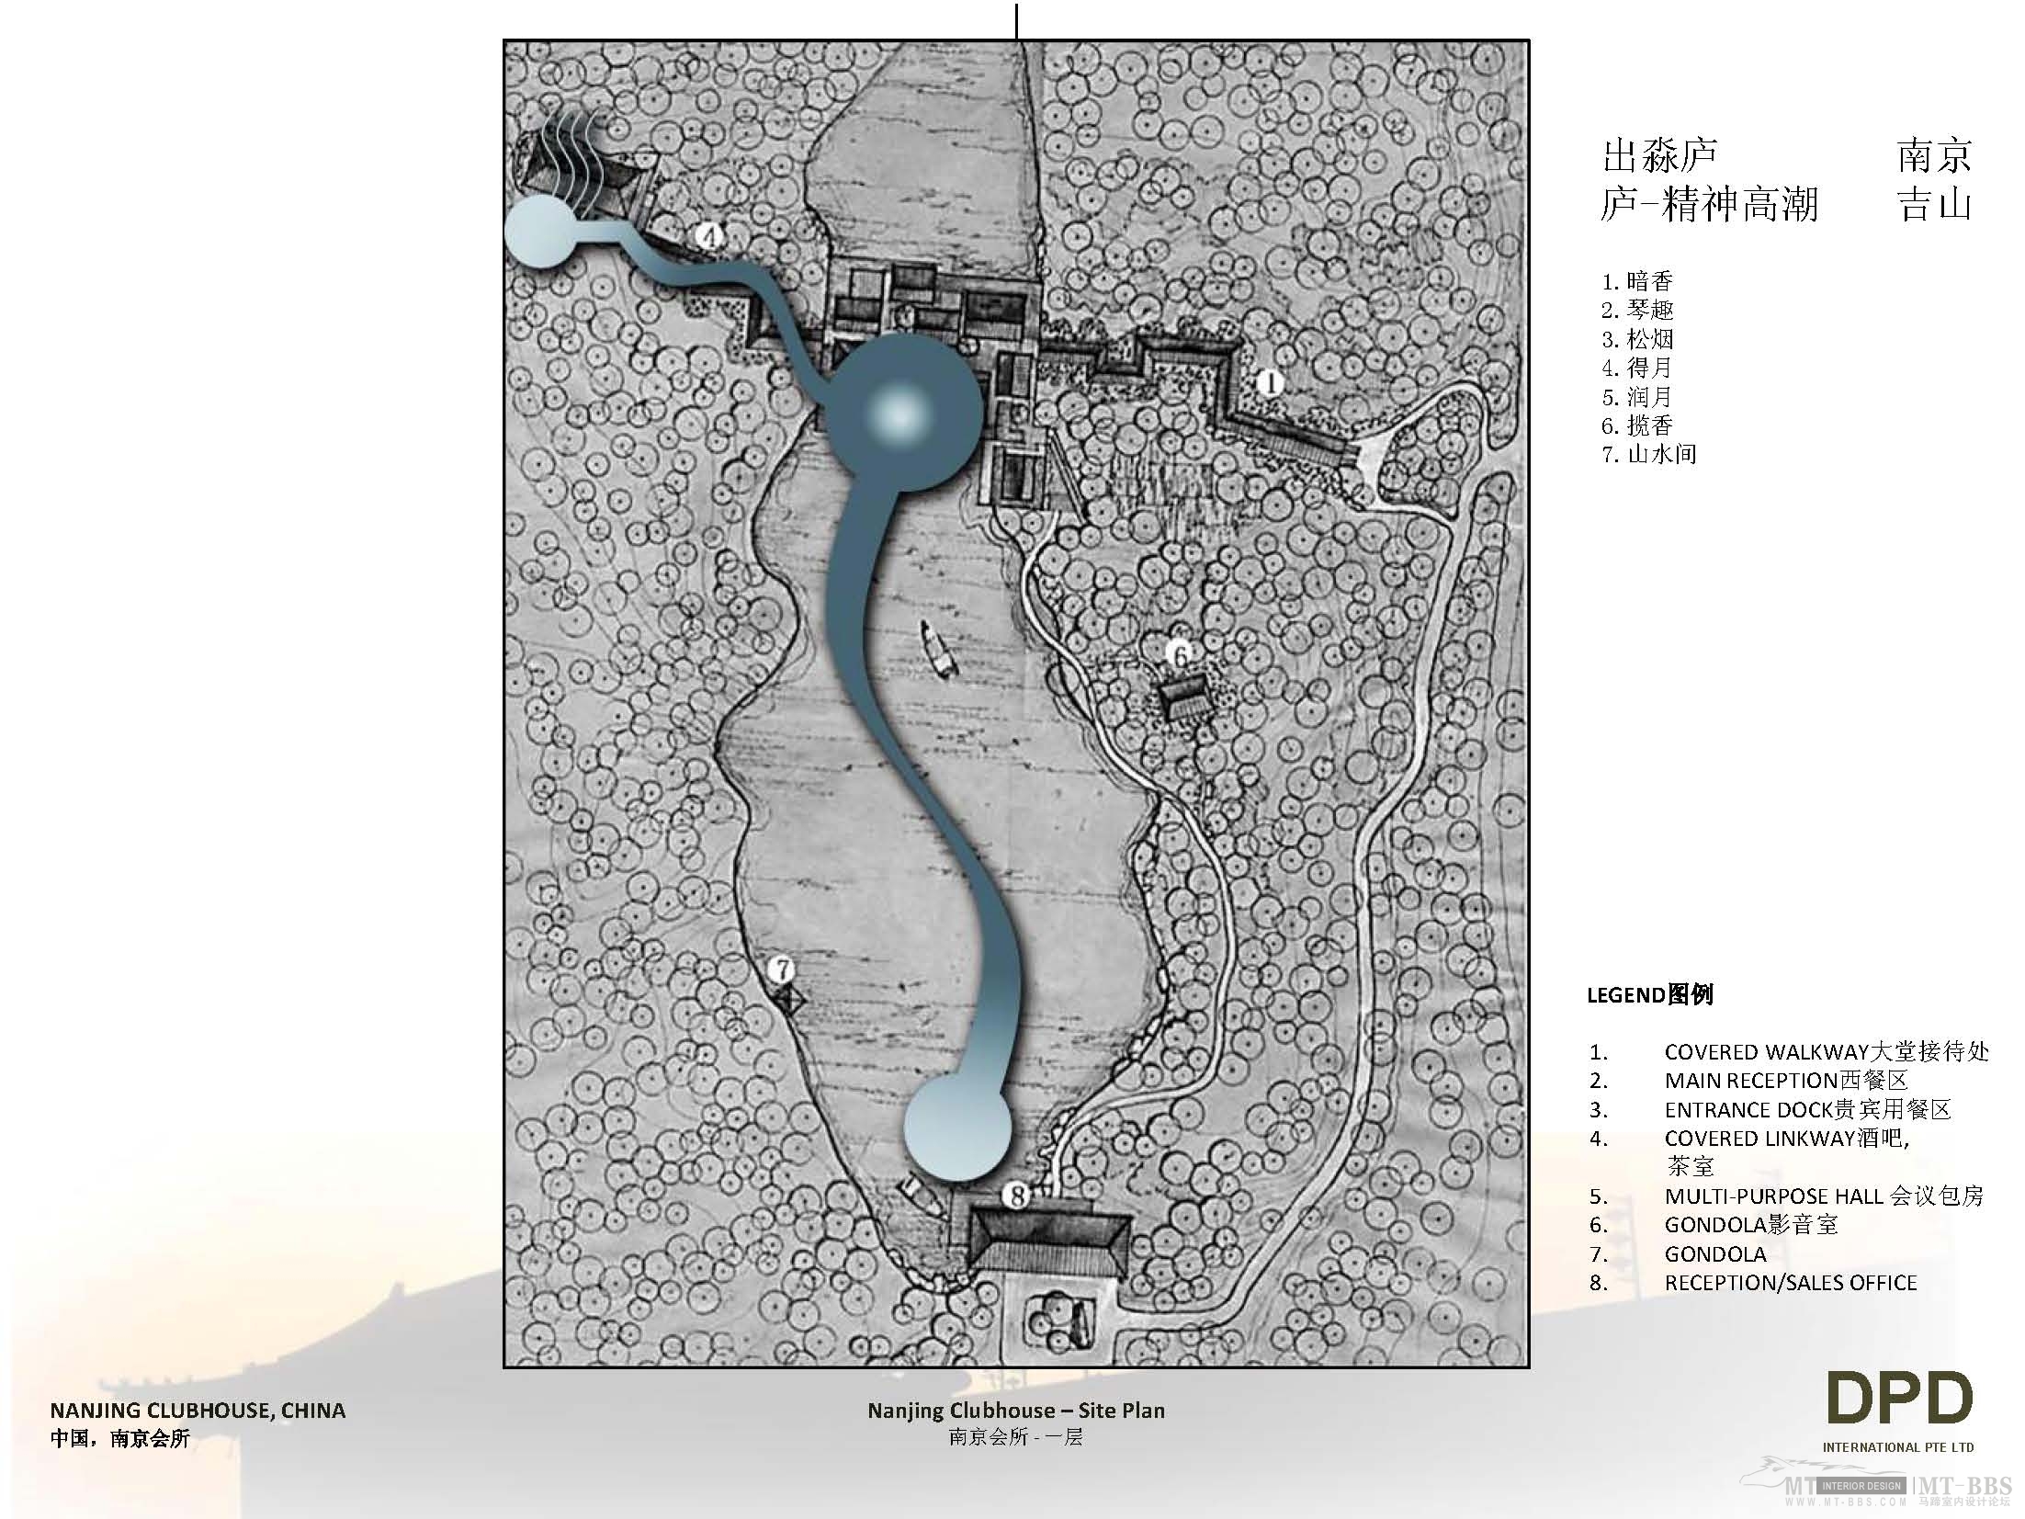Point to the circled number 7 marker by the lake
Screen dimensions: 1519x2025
783,969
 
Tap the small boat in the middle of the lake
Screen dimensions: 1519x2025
939,649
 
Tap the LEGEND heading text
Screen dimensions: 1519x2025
1649,994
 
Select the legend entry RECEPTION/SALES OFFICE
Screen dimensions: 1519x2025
1790,1283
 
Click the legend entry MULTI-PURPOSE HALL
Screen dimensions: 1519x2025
1823,1196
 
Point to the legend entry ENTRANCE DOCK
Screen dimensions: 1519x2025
1806,1110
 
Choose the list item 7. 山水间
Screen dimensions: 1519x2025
1648,454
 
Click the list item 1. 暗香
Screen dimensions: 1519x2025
1637,281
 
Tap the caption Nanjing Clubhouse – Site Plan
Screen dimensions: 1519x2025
1015,1411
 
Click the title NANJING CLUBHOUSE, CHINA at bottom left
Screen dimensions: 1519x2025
198,1411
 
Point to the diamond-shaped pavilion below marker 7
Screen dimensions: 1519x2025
787,1000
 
